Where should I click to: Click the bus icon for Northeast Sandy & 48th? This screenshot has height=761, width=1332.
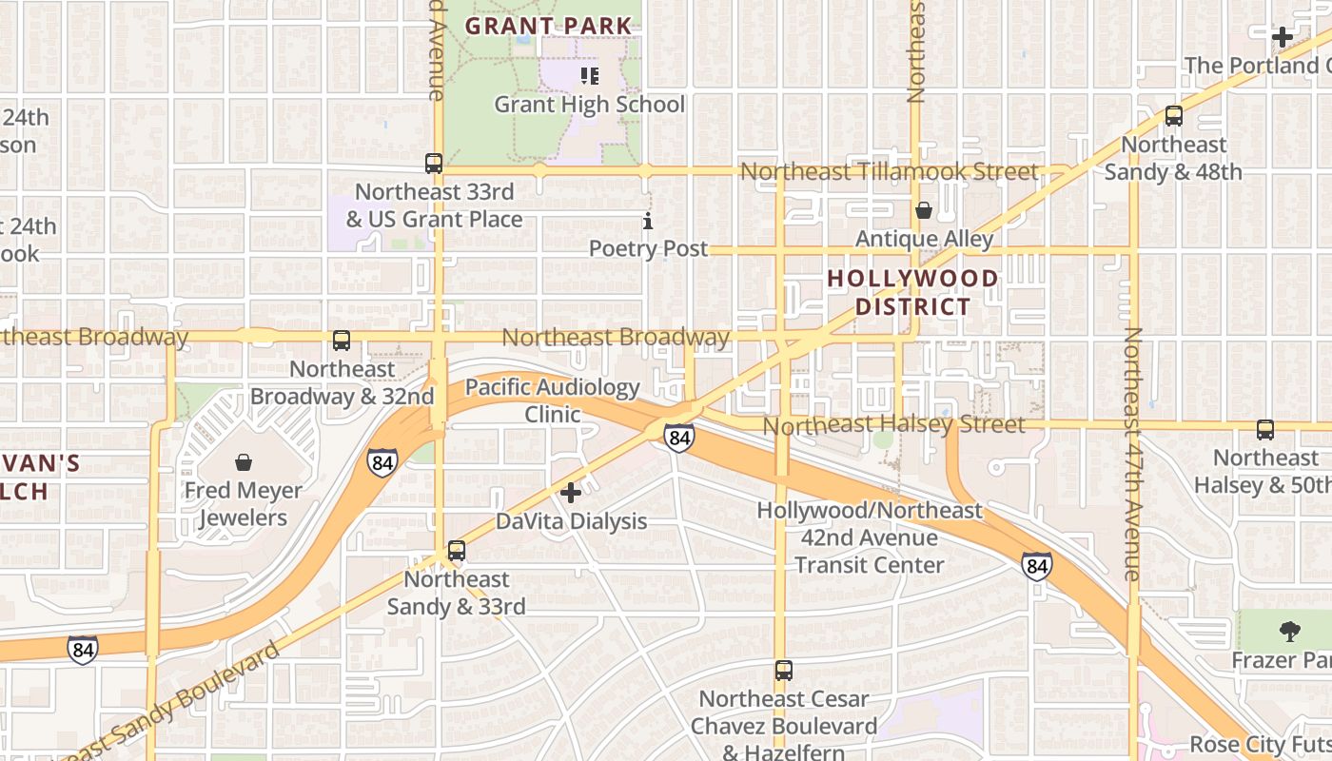pyautogui.click(x=1174, y=116)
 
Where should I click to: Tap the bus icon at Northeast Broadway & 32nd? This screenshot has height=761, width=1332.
pyautogui.click(x=342, y=341)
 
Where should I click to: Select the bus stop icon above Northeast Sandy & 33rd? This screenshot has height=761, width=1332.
pyautogui.click(x=457, y=551)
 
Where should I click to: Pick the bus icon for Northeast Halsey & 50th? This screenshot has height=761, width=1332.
pyautogui.click(x=1265, y=430)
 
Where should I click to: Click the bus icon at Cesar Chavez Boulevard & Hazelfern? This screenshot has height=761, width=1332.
pyautogui.click(x=783, y=671)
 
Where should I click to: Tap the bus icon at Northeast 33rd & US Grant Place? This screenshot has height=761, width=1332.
pyautogui.click(x=434, y=164)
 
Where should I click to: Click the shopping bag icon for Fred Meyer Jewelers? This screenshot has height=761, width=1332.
pyautogui.click(x=244, y=463)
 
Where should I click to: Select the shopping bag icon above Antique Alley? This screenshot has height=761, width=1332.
pyautogui.click(x=923, y=210)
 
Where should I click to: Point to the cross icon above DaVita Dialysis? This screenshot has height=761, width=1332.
pyautogui.click(x=571, y=493)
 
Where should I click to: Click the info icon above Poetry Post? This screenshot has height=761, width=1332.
pyautogui.click(x=648, y=222)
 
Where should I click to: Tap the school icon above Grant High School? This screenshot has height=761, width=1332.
pyautogui.click(x=590, y=75)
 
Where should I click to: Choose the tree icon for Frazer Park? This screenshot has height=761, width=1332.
pyautogui.click(x=1289, y=631)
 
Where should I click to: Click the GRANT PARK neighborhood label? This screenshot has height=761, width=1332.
pyautogui.click(x=548, y=26)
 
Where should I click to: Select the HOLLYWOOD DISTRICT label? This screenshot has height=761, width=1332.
pyautogui.click(x=912, y=292)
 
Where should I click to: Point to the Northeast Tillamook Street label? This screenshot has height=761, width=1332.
pyautogui.click(x=889, y=172)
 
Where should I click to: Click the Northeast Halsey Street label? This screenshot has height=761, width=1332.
pyautogui.click(x=894, y=424)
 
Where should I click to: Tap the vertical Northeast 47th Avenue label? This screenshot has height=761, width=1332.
pyautogui.click(x=1132, y=454)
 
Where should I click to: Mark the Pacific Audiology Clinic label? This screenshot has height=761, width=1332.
pyautogui.click(x=553, y=400)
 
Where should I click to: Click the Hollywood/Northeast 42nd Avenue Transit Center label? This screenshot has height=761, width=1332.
pyautogui.click(x=869, y=537)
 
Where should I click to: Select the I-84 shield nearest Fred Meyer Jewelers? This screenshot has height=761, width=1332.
pyautogui.click(x=382, y=463)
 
